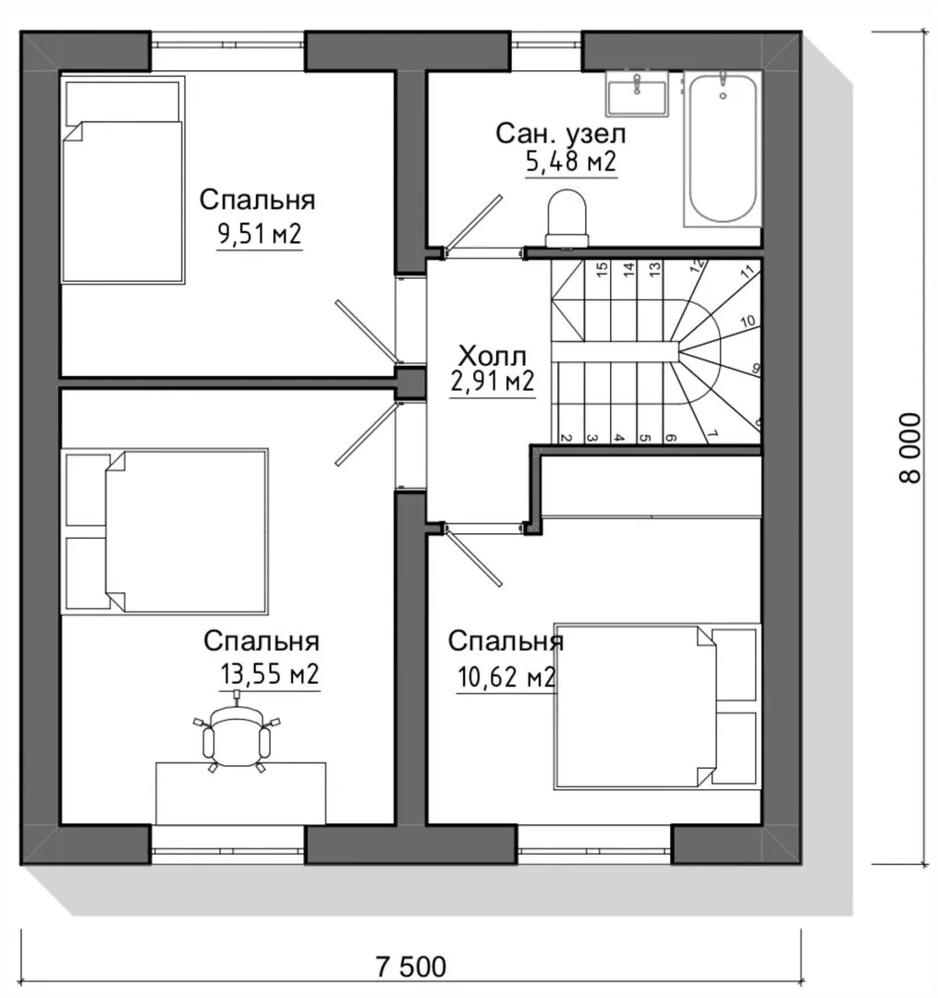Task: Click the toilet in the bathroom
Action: tap(566, 218)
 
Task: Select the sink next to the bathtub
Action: tap(637, 93)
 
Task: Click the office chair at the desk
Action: tap(237, 736)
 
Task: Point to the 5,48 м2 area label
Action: tap(571, 162)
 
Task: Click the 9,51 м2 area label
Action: tap(260, 234)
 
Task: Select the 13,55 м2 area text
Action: tap(269, 674)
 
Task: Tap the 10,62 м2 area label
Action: tap(506, 677)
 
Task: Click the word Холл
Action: tap(493, 355)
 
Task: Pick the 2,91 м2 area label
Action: tap(493, 382)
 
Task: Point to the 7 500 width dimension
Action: tap(411, 967)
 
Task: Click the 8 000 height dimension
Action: tap(910, 448)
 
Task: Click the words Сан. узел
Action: tap(561, 134)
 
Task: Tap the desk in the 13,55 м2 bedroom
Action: tap(241, 794)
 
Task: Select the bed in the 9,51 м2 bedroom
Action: tap(123, 180)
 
